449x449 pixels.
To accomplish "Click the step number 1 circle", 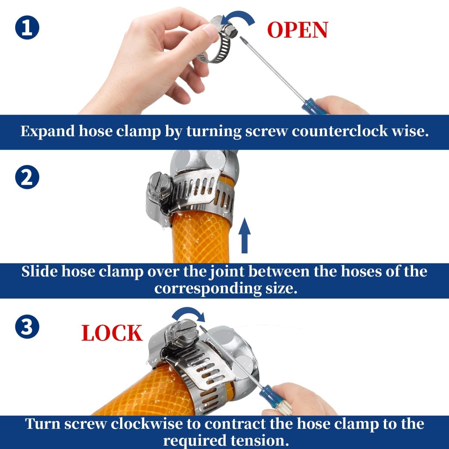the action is click(27, 28).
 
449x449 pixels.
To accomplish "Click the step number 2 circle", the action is click(27, 177).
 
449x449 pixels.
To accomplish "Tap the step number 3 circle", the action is click(27, 327).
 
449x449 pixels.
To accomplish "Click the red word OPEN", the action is click(297, 30).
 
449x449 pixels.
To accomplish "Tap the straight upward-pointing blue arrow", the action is click(244, 235).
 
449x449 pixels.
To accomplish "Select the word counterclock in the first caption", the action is click(339, 131).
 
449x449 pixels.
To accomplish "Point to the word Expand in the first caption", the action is click(48, 132).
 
